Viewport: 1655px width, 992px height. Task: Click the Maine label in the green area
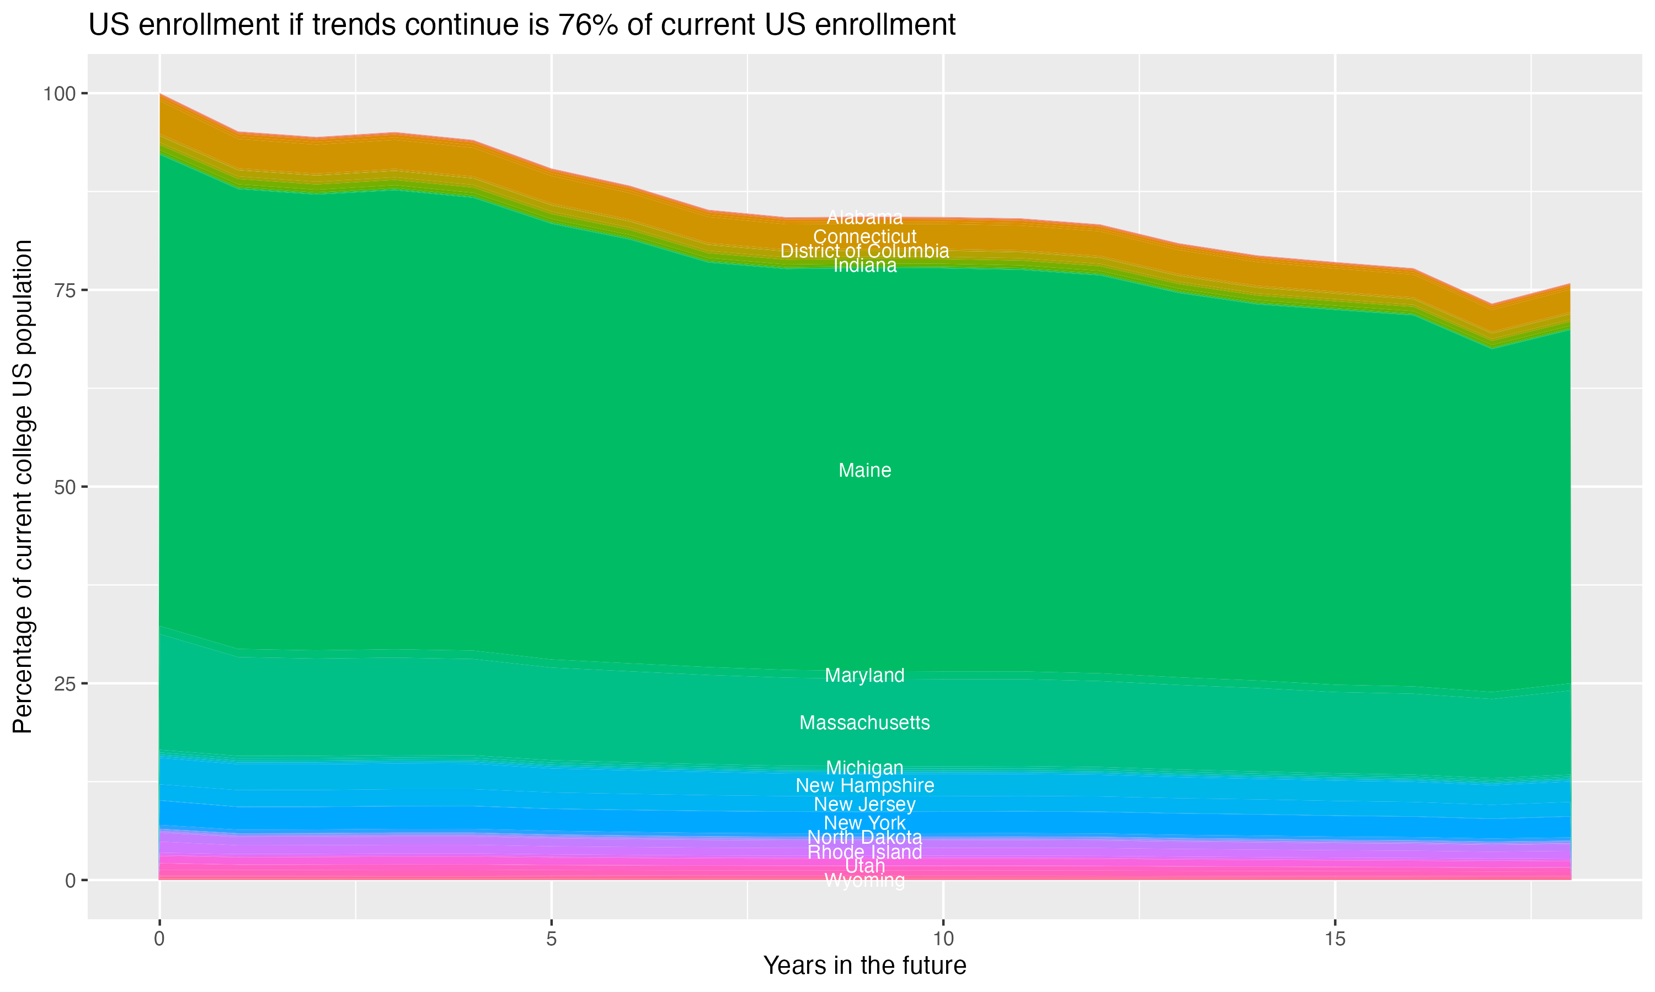click(x=864, y=471)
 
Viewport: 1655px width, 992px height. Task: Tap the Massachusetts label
click(x=864, y=723)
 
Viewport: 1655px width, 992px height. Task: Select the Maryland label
click(x=864, y=675)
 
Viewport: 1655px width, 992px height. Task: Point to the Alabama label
click(x=864, y=217)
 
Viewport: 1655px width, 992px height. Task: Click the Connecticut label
click(x=864, y=236)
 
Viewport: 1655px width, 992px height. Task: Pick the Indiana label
click(x=864, y=266)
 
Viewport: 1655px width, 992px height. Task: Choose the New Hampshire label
click(x=864, y=785)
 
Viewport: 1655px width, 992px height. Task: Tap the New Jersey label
click(x=864, y=804)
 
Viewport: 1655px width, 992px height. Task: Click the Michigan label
click(x=864, y=767)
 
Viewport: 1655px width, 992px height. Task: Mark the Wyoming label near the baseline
click(x=864, y=881)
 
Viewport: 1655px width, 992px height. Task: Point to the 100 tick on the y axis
click(x=59, y=94)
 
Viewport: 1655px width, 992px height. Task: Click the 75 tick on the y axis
click(x=65, y=290)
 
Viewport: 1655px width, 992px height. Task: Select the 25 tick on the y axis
click(x=65, y=684)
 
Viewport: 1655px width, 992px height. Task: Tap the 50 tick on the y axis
click(x=65, y=487)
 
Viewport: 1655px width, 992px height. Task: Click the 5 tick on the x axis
click(x=551, y=939)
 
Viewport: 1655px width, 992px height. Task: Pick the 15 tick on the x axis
click(x=1334, y=939)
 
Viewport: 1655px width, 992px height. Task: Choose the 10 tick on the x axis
click(x=943, y=939)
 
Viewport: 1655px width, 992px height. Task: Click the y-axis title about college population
click(x=23, y=487)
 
